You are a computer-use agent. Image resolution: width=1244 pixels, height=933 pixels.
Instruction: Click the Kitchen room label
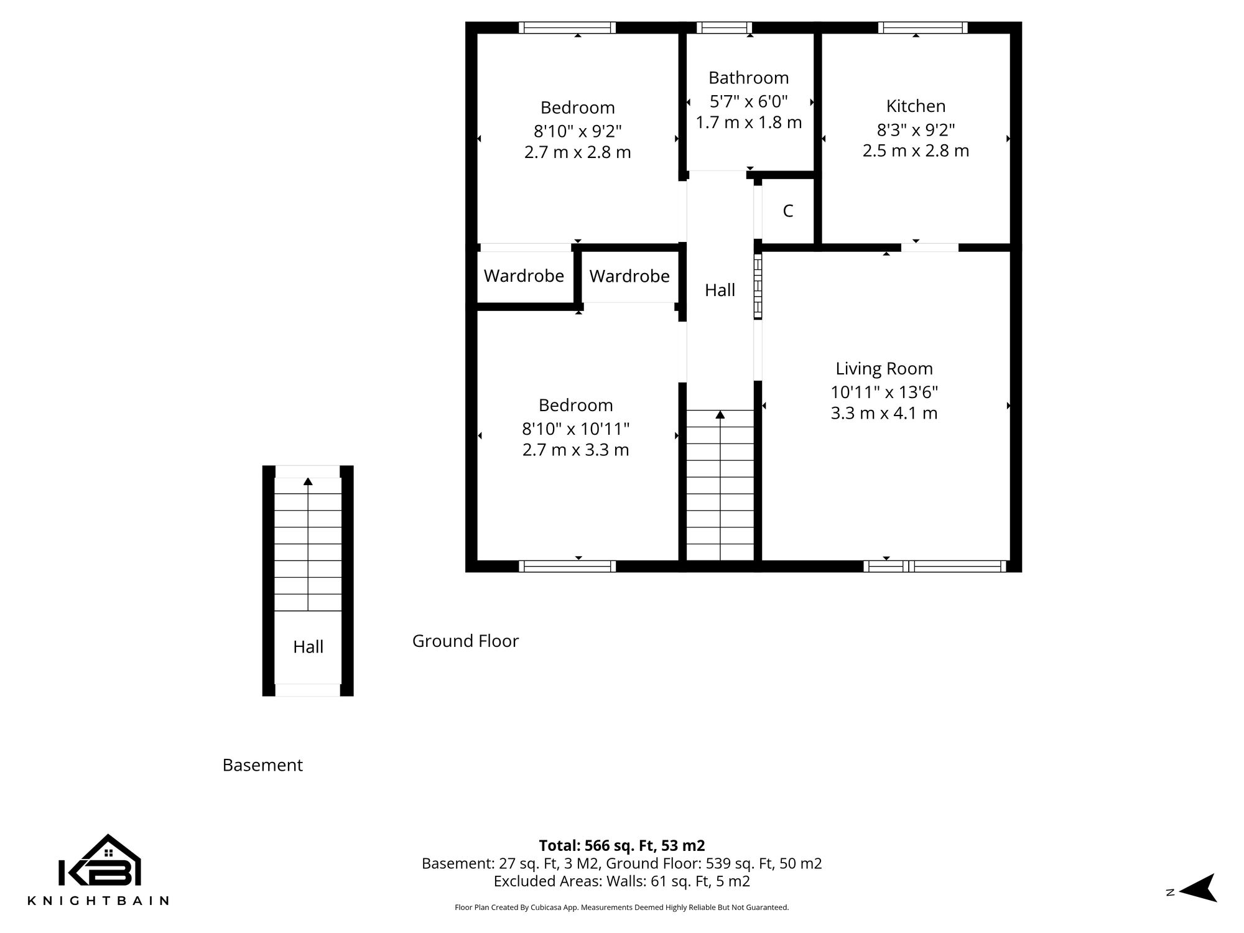916,106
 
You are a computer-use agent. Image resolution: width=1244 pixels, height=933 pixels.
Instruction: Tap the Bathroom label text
748,78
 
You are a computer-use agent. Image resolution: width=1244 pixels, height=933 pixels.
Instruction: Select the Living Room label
884,368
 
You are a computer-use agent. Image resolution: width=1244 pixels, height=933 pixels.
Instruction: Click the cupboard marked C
787,211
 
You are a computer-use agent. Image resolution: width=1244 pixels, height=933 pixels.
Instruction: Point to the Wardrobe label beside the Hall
629,276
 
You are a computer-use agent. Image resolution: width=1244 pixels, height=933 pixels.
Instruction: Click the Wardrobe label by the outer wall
524,276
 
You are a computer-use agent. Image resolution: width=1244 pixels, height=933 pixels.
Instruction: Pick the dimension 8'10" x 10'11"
575,429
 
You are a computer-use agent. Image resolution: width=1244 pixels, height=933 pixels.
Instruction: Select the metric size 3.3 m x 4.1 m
884,413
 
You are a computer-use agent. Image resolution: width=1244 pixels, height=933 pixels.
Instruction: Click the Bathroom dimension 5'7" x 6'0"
748,101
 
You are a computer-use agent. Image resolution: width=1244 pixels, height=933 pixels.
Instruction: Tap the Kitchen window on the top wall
922,27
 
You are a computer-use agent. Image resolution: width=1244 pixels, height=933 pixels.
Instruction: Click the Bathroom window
723,27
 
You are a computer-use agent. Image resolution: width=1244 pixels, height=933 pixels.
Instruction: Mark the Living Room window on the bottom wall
934,566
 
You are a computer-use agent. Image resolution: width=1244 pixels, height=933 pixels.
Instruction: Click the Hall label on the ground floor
720,290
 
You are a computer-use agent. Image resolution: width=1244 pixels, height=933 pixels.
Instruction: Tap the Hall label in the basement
308,647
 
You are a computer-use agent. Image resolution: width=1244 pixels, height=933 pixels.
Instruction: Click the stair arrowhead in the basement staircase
308,481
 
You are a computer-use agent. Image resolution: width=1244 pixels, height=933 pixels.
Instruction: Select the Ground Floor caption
465,641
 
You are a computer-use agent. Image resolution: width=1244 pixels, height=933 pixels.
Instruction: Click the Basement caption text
262,765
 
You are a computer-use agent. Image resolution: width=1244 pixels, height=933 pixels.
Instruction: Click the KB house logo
100,861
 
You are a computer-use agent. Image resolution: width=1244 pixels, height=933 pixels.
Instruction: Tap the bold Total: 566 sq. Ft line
621,845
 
